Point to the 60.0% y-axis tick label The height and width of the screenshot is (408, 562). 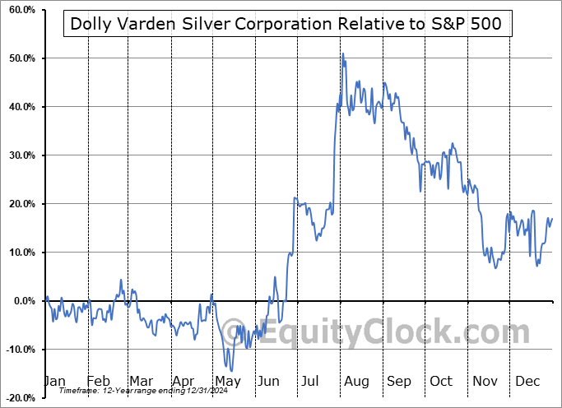click(x=21, y=11)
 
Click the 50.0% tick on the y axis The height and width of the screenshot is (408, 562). click(x=21, y=59)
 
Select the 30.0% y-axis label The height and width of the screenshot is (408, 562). click(x=21, y=155)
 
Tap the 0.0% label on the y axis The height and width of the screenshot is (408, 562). click(x=22, y=301)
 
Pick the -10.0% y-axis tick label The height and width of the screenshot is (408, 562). click(x=19, y=350)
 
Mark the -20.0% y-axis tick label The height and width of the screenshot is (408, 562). click(x=19, y=398)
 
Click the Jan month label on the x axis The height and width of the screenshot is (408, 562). click(x=55, y=382)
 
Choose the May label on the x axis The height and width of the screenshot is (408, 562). click(x=227, y=382)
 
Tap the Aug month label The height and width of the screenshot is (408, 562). click(x=356, y=382)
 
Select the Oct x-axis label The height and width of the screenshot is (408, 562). click(x=442, y=382)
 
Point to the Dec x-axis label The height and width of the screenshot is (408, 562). click(x=527, y=382)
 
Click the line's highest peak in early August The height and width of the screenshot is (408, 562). click(x=342, y=53)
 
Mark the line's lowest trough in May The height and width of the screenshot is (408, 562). click(x=231, y=371)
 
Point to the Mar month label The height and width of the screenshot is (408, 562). click(x=141, y=382)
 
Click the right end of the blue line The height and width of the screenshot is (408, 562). click(x=552, y=218)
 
